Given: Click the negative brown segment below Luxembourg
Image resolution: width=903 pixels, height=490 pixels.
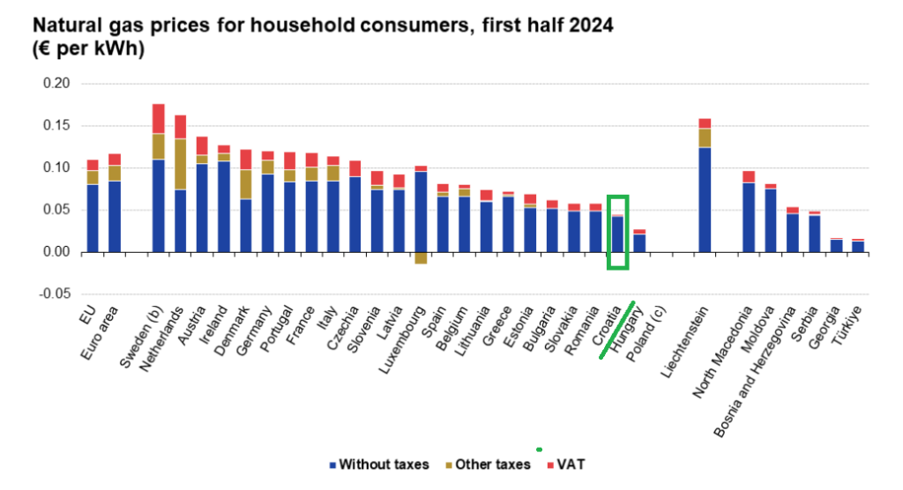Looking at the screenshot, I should (421, 257).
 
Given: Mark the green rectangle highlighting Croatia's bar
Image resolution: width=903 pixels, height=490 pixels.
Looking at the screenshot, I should (617, 233).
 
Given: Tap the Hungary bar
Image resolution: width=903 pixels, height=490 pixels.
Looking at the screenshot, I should (639, 241).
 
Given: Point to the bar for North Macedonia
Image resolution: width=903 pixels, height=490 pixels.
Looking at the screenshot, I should (749, 212).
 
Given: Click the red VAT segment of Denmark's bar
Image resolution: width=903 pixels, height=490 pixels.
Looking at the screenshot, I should (246, 160).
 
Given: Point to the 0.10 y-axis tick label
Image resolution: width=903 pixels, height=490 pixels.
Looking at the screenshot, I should (56, 167).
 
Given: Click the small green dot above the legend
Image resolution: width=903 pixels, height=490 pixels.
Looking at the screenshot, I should (538, 449).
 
